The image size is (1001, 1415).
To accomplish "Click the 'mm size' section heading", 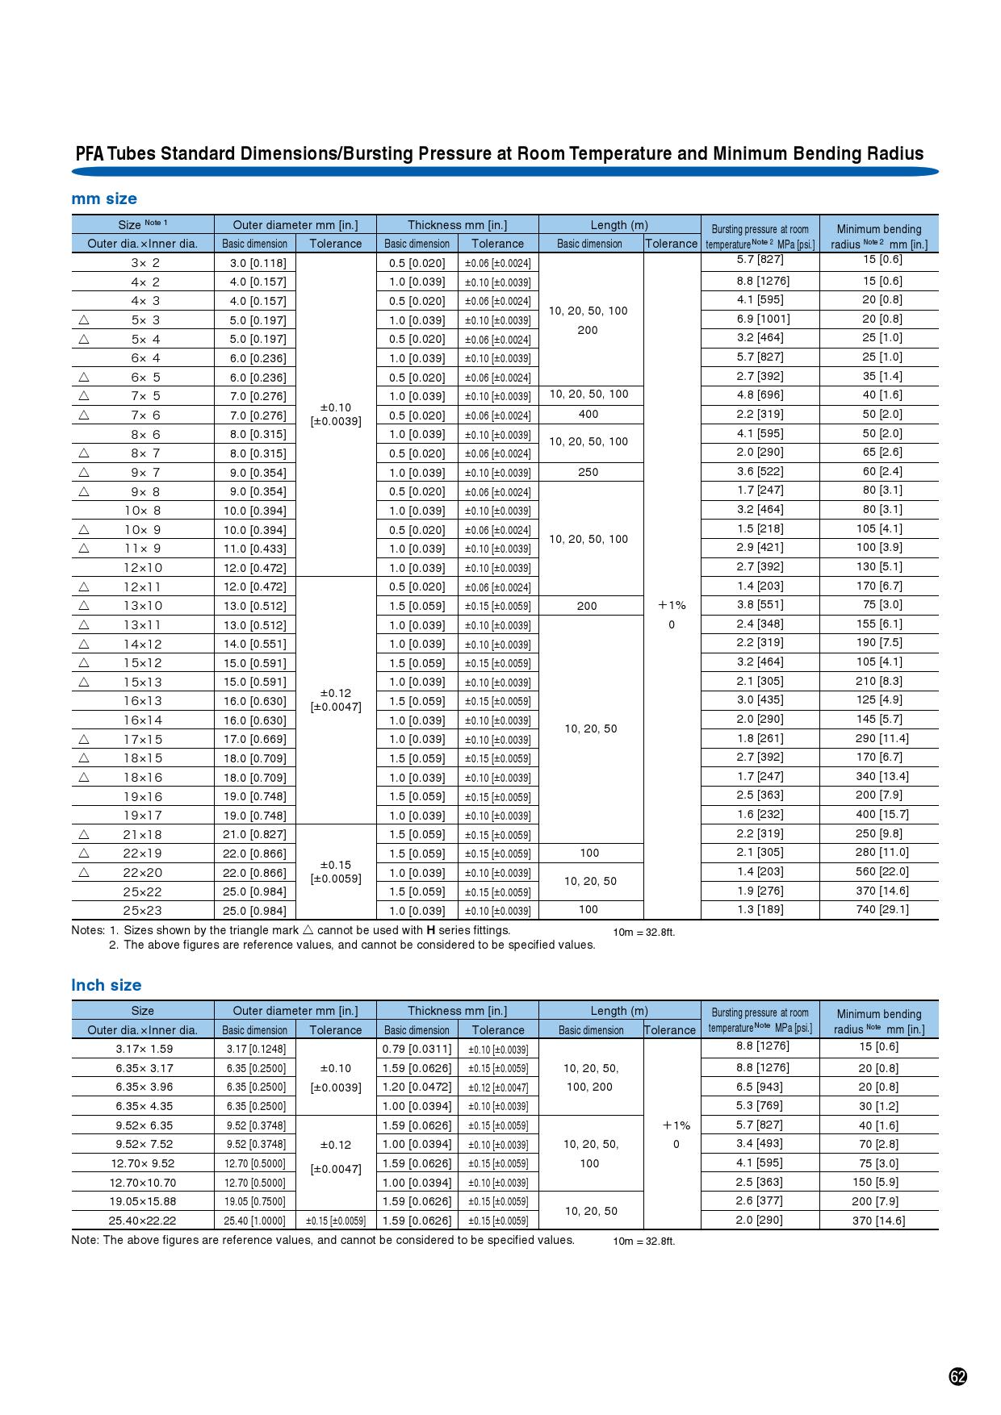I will click(x=104, y=198).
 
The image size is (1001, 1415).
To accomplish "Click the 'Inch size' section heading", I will click(x=106, y=985).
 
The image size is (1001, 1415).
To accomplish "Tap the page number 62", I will click(x=957, y=1376).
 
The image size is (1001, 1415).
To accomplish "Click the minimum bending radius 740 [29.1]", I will click(x=882, y=909).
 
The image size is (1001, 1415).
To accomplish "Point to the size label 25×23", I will click(x=143, y=911).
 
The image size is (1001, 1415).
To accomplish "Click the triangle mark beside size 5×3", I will click(x=83, y=319).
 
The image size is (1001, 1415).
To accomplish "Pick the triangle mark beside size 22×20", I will click(x=83, y=872).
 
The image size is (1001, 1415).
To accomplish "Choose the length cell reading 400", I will click(x=588, y=414).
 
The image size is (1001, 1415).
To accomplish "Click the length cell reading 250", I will click(x=588, y=472).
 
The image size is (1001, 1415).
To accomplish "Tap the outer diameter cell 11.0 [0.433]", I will click(x=254, y=549).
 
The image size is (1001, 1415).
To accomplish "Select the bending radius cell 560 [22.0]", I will click(x=882, y=871).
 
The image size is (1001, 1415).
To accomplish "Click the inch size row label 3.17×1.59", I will click(x=144, y=1049).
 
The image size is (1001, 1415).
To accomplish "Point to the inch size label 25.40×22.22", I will click(x=142, y=1221).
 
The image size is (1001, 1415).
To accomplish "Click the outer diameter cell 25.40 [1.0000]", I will click(x=254, y=1221).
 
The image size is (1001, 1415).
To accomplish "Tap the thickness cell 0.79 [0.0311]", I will click(x=417, y=1049).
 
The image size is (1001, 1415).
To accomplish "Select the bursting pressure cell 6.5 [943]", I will click(x=760, y=1087).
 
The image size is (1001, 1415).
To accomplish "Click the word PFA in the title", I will click(x=90, y=154).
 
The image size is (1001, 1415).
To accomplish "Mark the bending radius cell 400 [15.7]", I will click(x=882, y=814).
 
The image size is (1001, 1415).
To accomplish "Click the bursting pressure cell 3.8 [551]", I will click(x=760, y=604).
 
